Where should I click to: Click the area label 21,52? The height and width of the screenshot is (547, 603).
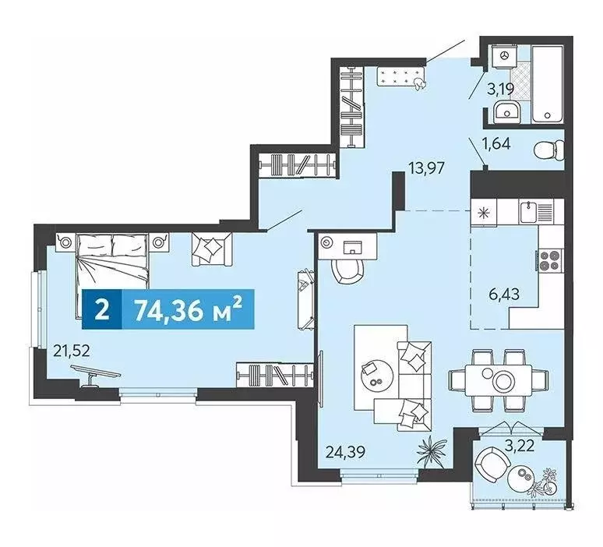72,351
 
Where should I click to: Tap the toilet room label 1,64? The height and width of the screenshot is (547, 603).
496,143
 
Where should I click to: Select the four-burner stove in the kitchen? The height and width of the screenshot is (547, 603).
548,259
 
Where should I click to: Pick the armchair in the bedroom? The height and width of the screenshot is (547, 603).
210,249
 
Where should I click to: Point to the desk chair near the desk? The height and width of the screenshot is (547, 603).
347,273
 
